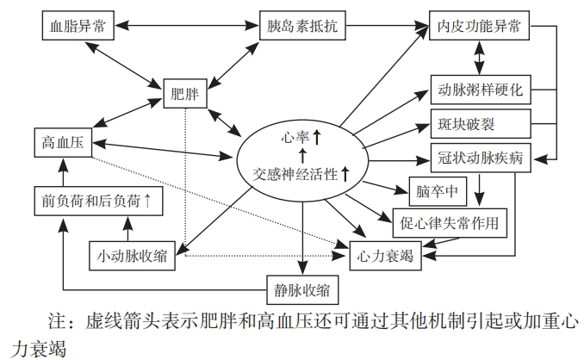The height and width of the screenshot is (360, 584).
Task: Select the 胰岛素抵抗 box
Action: (302, 25)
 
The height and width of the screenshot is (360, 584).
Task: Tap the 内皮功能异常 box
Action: (480, 25)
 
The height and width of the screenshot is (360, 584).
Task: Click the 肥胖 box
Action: (185, 93)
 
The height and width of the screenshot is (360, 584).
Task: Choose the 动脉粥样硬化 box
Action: (481, 90)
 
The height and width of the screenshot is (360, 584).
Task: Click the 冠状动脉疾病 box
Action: (481, 157)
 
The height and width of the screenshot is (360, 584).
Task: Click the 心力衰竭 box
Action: (388, 256)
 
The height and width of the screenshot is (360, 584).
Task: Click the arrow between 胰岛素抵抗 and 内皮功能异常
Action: (388, 25)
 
